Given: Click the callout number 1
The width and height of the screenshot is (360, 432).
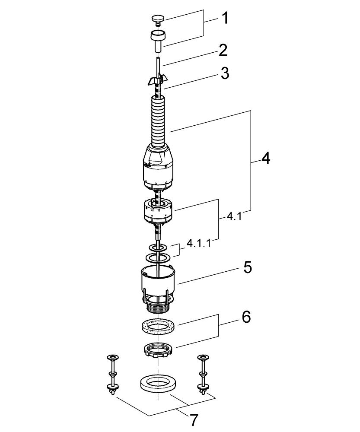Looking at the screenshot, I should pos(225,18).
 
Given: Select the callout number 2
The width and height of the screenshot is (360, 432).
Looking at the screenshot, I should pos(223,51).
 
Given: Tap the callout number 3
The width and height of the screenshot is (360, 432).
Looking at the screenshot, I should pos(224,73).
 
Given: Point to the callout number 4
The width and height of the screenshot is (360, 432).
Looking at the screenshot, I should pos(265,159).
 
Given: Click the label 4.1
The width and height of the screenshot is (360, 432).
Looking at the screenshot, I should pos(234,216).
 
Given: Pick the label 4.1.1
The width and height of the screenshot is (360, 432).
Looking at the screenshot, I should pos(198,244).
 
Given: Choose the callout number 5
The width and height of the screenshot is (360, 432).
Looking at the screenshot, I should pos(247,267).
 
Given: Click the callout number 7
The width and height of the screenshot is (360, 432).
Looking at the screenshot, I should pos(194,419).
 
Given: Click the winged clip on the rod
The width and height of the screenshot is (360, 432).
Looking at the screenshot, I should pos(156,79).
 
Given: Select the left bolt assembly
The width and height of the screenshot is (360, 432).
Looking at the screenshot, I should pos(113,374).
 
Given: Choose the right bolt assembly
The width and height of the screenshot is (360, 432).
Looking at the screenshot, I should pos(202,374).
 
